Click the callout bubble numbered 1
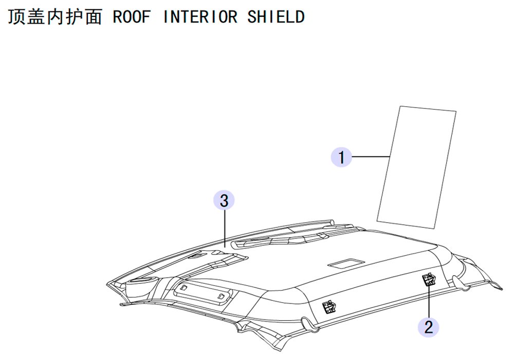click(341, 157)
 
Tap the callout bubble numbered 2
click(429, 327)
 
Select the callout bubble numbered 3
click(224, 200)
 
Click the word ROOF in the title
click(132, 17)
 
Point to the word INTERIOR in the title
click(200, 17)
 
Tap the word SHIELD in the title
click(276, 17)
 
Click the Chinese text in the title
click(55, 17)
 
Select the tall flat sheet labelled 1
click(416, 167)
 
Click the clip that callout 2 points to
click(429, 280)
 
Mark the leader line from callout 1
click(371, 157)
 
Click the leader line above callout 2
click(429, 301)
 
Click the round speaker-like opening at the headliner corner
click(142, 281)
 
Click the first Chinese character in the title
click(16, 17)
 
